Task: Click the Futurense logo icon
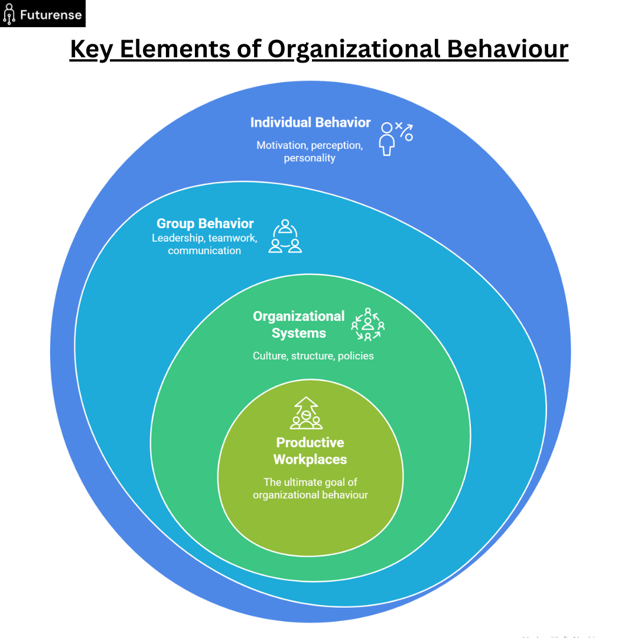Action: (x=9, y=14)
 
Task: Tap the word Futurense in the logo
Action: (x=50, y=14)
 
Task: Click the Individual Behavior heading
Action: (x=310, y=122)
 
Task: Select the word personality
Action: (x=310, y=158)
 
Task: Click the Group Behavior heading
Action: (x=205, y=223)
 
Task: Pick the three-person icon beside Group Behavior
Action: (x=285, y=236)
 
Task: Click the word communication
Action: (x=204, y=250)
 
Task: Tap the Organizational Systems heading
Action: (x=299, y=324)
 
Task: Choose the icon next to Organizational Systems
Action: (x=368, y=324)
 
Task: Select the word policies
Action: (x=356, y=356)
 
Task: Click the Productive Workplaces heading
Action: (x=310, y=451)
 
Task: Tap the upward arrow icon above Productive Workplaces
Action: (x=306, y=413)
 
